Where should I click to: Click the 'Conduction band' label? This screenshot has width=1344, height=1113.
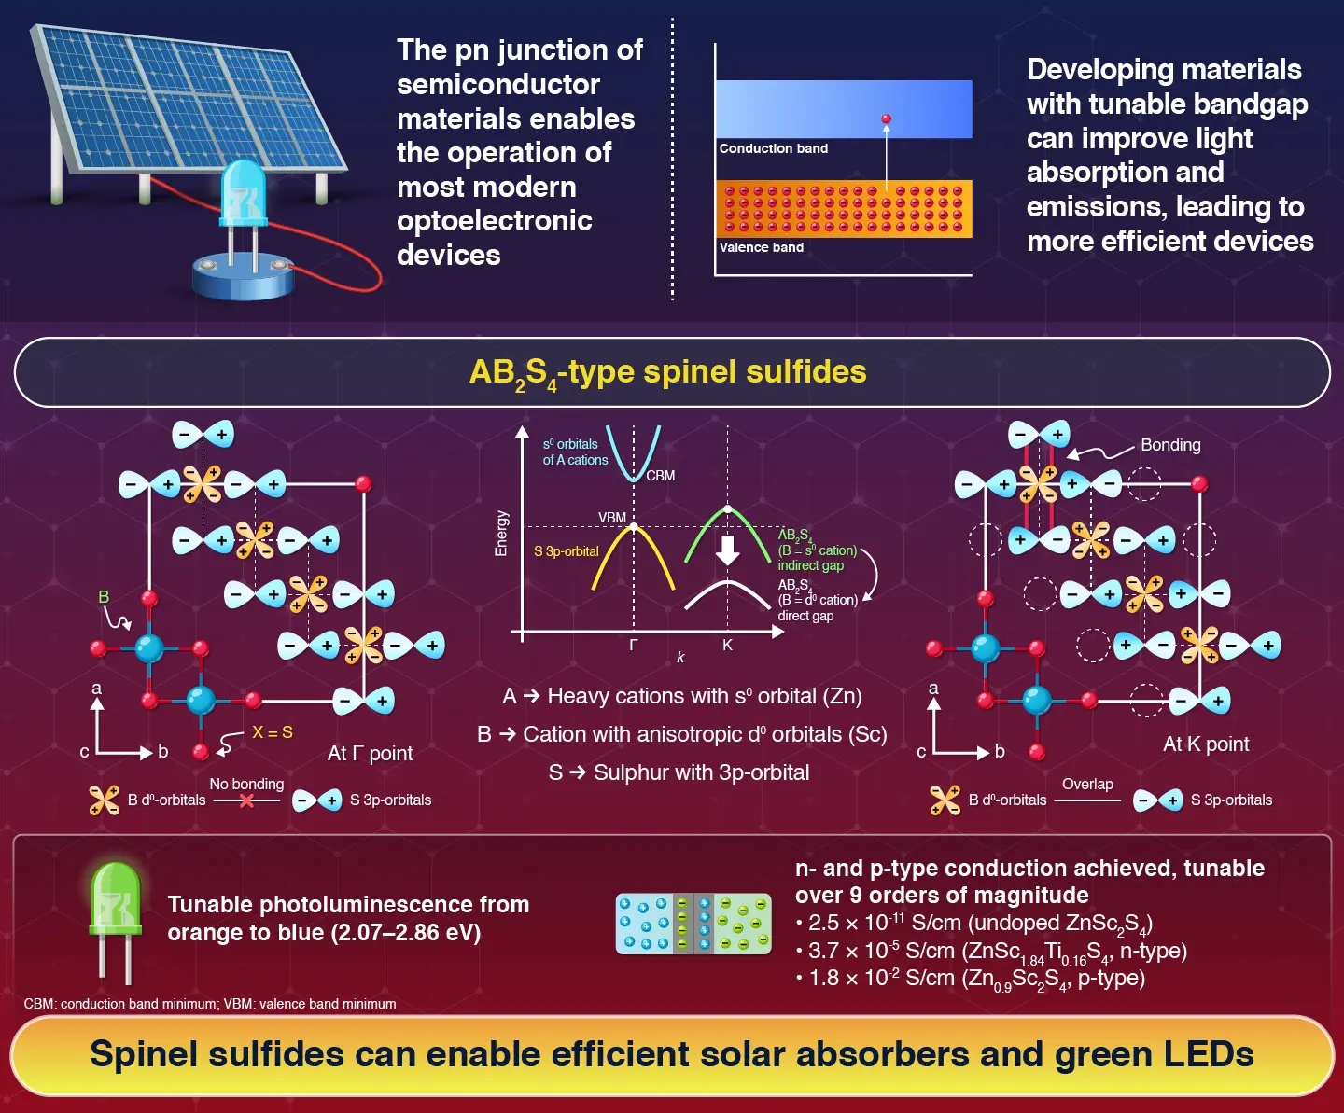(x=773, y=148)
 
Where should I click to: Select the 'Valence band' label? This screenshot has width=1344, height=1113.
(x=761, y=247)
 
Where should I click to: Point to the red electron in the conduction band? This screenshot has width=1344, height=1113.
(x=886, y=119)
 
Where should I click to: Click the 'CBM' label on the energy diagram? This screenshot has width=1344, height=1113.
(x=660, y=476)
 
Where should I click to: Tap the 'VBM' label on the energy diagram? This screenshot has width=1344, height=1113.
(x=612, y=518)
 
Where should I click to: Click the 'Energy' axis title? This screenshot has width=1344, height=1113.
(x=501, y=534)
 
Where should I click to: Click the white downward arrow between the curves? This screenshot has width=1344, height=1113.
(x=727, y=550)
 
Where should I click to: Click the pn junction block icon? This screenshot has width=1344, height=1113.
(x=693, y=924)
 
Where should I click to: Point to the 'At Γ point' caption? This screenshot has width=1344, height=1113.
(x=370, y=753)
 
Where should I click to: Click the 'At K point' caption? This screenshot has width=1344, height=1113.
(x=1206, y=744)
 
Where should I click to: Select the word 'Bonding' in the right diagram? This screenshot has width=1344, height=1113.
(x=1170, y=445)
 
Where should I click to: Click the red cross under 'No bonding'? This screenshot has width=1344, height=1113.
(x=246, y=800)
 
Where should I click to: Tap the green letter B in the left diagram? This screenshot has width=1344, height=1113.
(x=104, y=597)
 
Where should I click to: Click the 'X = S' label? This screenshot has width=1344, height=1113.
(x=273, y=732)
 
